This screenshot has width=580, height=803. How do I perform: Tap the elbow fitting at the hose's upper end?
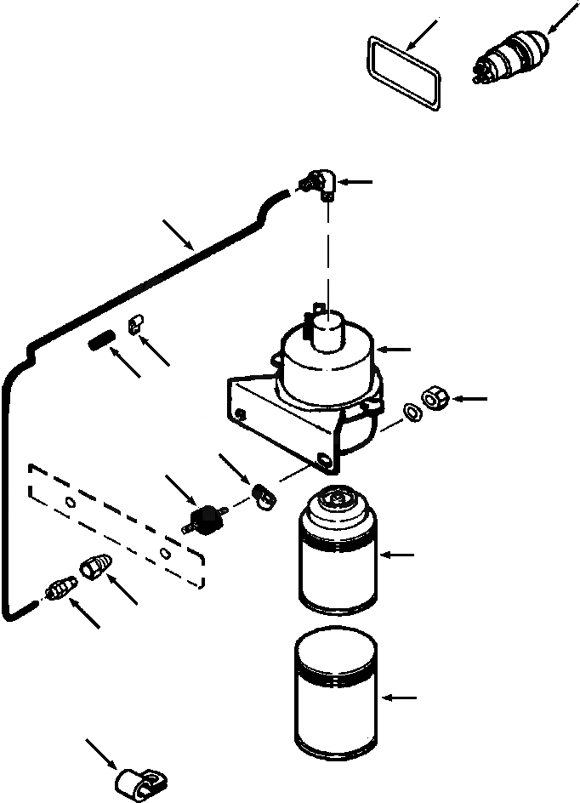(x=322, y=182)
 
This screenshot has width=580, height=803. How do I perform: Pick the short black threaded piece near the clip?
(x=100, y=343)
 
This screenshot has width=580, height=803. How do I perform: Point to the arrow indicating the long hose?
(x=179, y=233)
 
